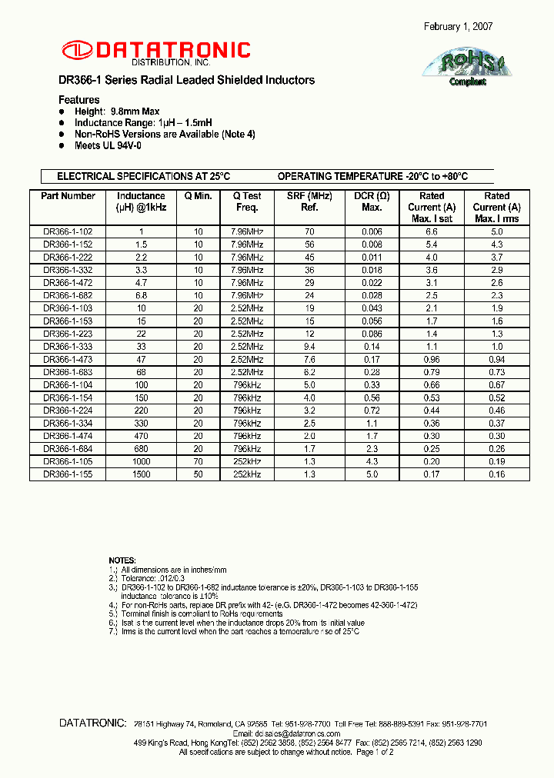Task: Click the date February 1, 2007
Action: pos(459,27)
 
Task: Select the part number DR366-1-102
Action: pos(68,231)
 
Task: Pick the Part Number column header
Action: pos(68,196)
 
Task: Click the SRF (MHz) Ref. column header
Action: pos(309,201)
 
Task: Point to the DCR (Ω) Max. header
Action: pos(372,201)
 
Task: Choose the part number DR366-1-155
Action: pos(68,474)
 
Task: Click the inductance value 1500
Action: pos(141,474)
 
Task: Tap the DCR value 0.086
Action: pos(372,334)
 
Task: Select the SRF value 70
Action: pos(309,231)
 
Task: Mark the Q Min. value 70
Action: pos(198,461)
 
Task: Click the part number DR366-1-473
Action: pos(68,359)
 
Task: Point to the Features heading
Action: pos(79,100)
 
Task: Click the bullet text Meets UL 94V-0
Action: pos(108,145)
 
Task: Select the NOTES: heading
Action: pos(122,560)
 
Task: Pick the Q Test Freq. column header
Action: pos(247,201)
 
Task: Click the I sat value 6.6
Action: pos(432,231)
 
